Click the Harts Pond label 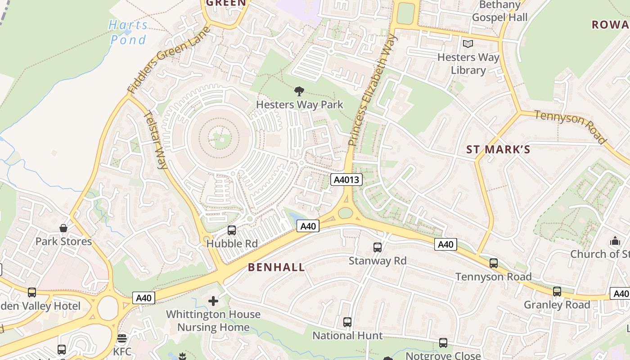point(128,32)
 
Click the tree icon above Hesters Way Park point(299,92)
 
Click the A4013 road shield point(346,180)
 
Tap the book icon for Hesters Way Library point(468,44)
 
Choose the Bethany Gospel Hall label point(499,11)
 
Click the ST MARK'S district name point(498,150)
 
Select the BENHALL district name point(276,267)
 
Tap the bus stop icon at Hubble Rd point(232,230)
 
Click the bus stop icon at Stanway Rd point(378,247)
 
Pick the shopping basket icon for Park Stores point(63,228)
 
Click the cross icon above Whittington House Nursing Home point(213,301)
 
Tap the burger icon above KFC point(122,338)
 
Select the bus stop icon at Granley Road point(557,291)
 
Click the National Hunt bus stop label point(347,336)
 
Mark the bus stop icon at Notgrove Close point(443,343)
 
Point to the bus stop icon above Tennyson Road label point(494,263)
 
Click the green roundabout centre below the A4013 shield point(345,212)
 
